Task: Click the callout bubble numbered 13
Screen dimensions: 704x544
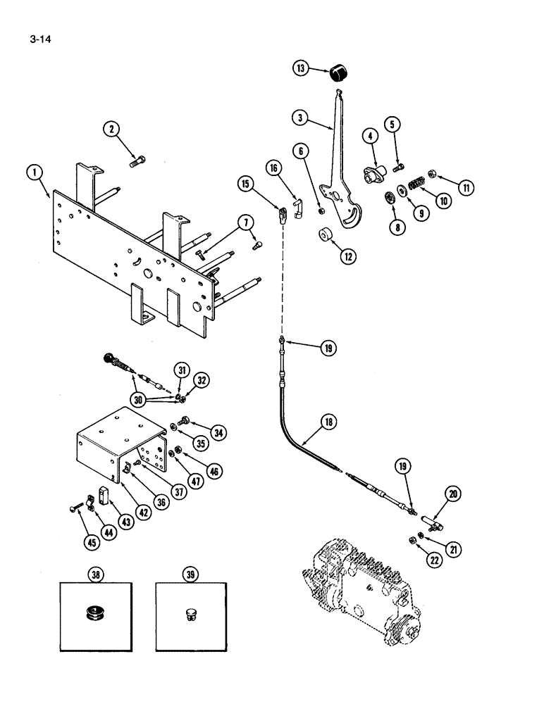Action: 302,68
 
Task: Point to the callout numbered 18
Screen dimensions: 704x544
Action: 328,422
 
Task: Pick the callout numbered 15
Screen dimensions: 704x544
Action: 245,184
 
